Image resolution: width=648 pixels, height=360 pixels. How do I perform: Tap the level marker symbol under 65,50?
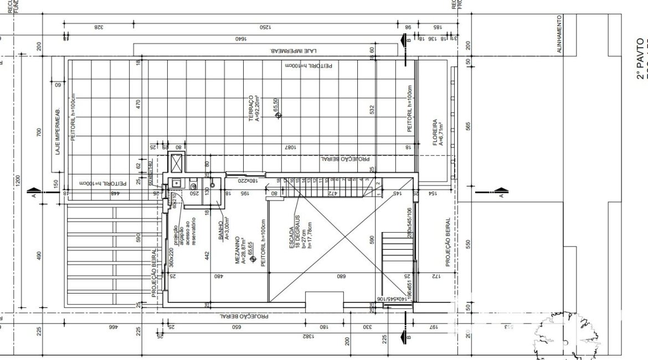278,115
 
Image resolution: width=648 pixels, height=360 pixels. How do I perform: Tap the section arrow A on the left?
34,194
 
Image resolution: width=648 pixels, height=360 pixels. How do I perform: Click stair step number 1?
376,180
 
